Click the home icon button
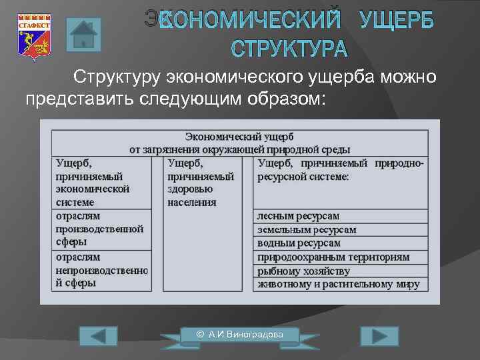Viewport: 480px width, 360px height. (x=83, y=35)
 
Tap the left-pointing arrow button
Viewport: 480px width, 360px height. (x=97, y=337)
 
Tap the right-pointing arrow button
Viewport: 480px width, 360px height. (x=379, y=337)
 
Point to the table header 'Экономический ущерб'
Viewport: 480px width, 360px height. (x=239, y=137)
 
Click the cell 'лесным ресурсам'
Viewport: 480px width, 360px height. (x=298, y=216)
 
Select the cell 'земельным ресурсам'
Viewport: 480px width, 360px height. (x=307, y=229)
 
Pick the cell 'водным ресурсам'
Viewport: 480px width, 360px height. (x=299, y=243)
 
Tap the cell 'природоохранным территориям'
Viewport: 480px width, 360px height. (x=333, y=257)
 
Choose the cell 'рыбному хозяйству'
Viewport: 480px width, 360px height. (x=303, y=271)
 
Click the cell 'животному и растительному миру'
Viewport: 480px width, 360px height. (x=339, y=284)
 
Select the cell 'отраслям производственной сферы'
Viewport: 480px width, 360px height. (x=100, y=229)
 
